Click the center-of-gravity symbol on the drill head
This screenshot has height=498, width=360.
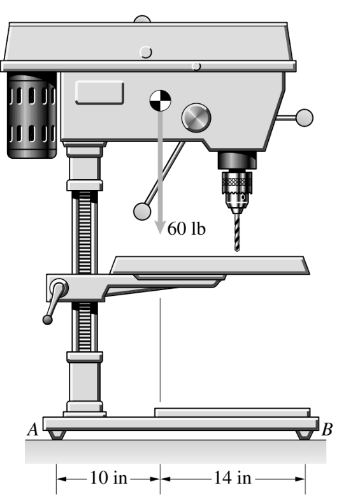161,101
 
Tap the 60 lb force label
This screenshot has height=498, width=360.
186,228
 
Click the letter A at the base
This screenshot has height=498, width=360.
32,429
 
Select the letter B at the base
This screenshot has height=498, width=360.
327,429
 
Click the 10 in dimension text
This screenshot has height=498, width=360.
108,478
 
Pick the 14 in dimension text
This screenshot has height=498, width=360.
233,478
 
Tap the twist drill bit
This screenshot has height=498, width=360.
237,233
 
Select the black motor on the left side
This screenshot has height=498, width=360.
31,115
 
